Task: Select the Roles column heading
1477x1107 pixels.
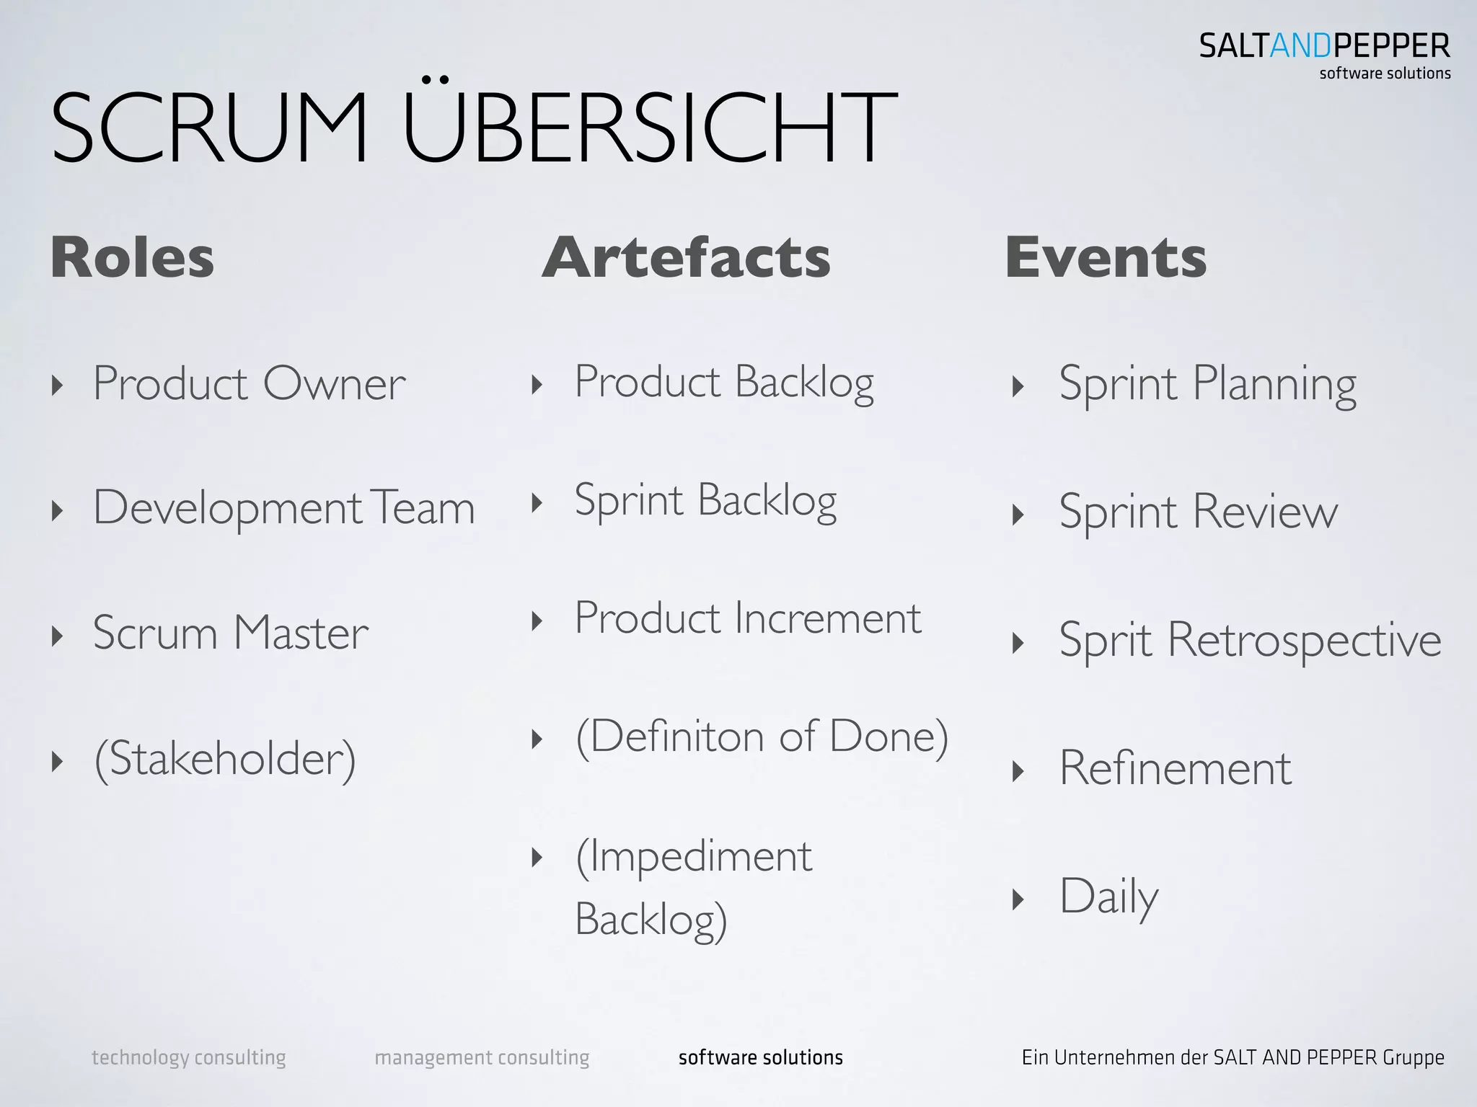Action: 133,257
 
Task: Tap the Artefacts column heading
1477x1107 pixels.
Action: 686,257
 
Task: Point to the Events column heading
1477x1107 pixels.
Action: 1106,257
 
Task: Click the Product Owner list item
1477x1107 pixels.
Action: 249,383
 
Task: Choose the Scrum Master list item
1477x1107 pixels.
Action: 230,633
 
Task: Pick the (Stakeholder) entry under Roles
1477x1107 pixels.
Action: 225,759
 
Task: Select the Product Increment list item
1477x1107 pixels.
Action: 747,619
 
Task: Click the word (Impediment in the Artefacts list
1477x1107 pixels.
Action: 694,857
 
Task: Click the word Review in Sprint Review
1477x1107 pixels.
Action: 1266,512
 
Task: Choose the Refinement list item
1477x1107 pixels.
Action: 1175,768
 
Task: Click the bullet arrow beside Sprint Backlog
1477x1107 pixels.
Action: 537,502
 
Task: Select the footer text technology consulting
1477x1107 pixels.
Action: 188,1057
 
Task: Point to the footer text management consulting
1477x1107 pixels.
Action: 482,1057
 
